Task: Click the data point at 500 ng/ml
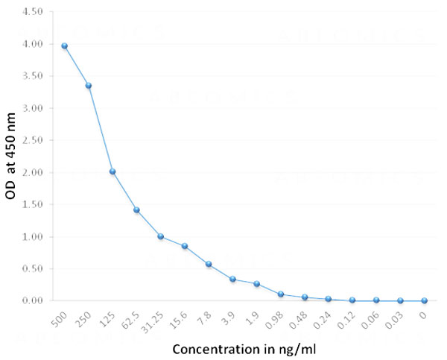[x=65, y=46]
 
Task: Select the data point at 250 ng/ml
[x=89, y=86]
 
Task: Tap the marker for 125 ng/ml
[x=112, y=171]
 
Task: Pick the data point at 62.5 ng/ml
[x=136, y=210]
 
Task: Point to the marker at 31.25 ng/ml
[x=161, y=236]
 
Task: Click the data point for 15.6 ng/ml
[x=185, y=246]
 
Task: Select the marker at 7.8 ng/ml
[x=209, y=264]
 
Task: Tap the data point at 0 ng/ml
[x=424, y=300]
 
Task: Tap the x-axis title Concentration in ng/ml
[x=243, y=348]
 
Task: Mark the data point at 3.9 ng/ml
[x=232, y=280]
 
